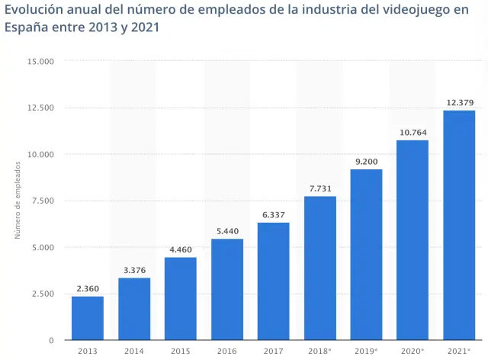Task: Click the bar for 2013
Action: [88, 318]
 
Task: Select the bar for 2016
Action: [227, 290]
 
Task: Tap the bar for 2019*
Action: [366, 255]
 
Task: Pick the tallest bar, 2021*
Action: [459, 225]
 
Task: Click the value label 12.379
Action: [459, 103]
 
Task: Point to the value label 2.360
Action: [88, 288]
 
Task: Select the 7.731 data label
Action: [320, 188]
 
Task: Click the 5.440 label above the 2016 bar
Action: [227, 231]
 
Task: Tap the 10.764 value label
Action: [413, 133]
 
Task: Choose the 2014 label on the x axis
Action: [134, 351]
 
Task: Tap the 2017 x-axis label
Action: [273, 351]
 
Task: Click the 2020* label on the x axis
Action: [413, 351]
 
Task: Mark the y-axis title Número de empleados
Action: [18, 201]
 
